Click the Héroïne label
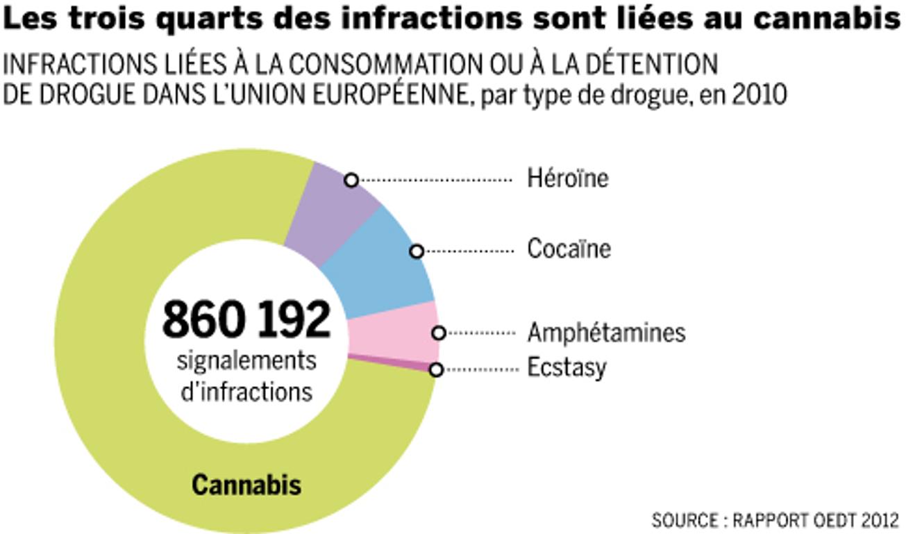pyautogui.click(x=567, y=178)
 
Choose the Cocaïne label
pyautogui.click(x=569, y=249)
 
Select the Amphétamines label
pyautogui.click(x=606, y=333)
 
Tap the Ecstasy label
pyautogui.click(x=567, y=367)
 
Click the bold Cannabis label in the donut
pyautogui.click(x=246, y=485)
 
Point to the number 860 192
pyautogui.click(x=246, y=319)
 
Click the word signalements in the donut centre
pyautogui.click(x=246, y=361)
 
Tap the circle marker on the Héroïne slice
pyautogui.click(x=351, y=181)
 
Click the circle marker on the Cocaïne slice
pyautogui.click(x=417, y=251)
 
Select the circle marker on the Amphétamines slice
pyautogui.click(x=438, y=333)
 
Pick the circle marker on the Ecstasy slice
pyautogui.click(x=436, y=370)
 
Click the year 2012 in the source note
pyautogui.click(x=880, y=519)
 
